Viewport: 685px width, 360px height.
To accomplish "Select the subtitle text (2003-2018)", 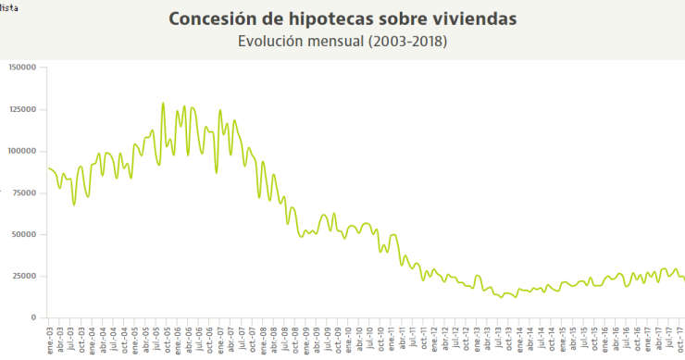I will [x=408, y=42].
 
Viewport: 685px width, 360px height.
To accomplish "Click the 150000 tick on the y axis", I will [x=21, y=67].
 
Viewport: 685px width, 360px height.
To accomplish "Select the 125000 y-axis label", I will [x=21, y=109].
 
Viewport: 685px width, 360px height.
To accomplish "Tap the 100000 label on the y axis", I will [x=21, y=151].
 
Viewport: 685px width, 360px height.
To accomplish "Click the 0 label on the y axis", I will [x=32, y=317].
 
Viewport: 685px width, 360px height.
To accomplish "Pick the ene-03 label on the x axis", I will [x=50, y=338].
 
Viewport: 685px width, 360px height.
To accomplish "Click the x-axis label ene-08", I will [x=263, y=338].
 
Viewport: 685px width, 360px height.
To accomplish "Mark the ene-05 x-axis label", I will [x=135, y=338].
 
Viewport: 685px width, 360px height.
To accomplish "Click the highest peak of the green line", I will [x=163, y=104].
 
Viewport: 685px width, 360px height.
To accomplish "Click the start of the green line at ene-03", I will [x=47, y=168].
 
